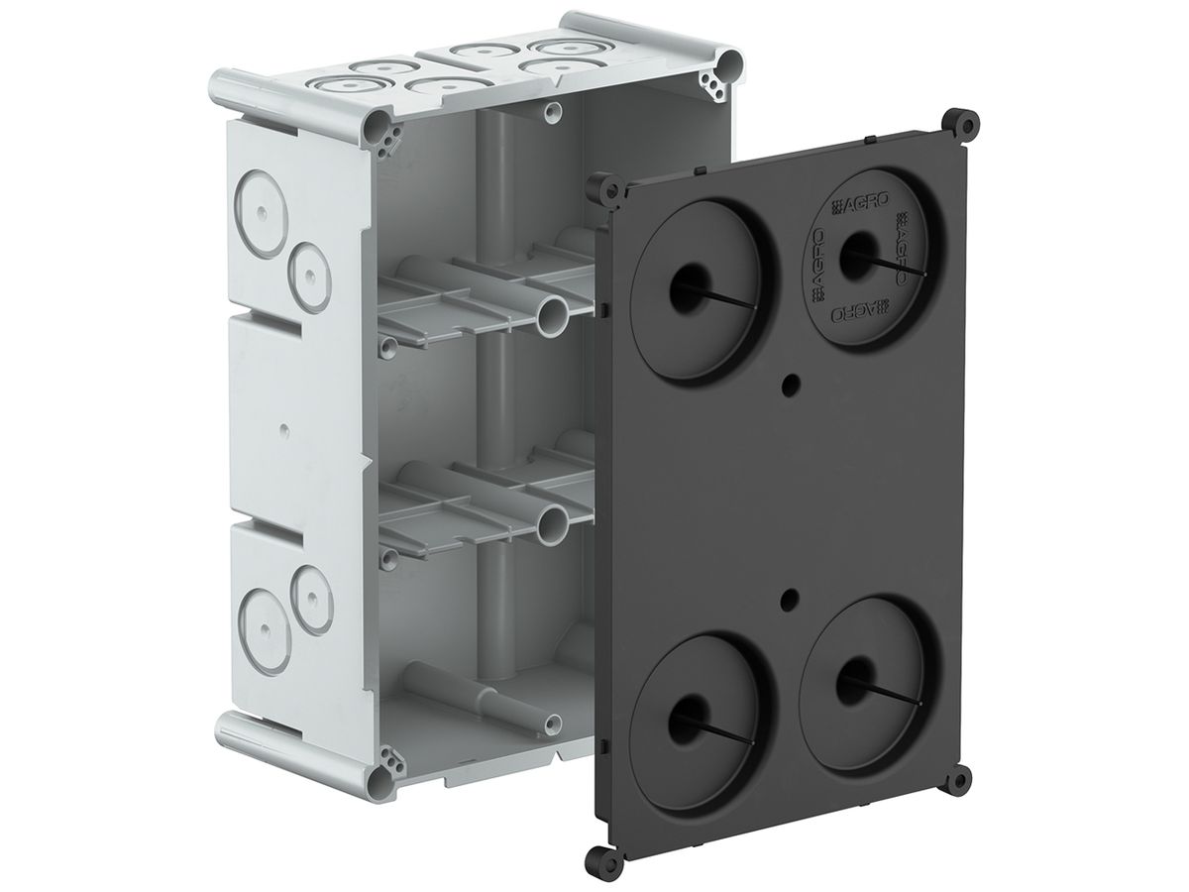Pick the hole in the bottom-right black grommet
click(852, 676)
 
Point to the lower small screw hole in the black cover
click(790, 598)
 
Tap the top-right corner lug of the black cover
click(962, 123)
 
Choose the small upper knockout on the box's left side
click(309, 268)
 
